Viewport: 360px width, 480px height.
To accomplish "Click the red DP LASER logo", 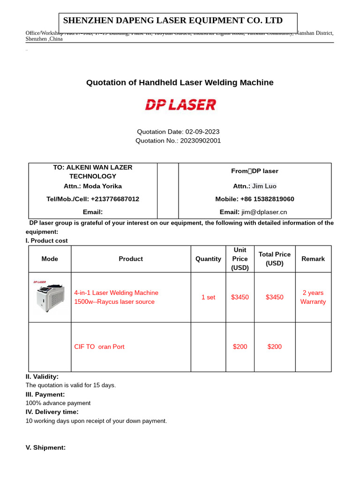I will point(180,105).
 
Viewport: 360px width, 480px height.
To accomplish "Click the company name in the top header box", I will point(173,21).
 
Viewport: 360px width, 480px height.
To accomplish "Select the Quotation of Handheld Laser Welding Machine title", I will point(180,82).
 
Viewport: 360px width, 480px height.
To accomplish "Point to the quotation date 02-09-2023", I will point(202,132).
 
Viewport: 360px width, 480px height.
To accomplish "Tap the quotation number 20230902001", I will point(200,141).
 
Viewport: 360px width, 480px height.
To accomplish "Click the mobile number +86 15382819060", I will point(267,199).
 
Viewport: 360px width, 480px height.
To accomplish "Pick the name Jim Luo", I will point(264,186).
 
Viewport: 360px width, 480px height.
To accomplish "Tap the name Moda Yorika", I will point(102,186).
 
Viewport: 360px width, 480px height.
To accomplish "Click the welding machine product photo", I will point(48,297).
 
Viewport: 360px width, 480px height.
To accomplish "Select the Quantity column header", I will point(208,259).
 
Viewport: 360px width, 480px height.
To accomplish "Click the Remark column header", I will point(313,259).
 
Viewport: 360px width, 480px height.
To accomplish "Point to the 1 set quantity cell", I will point(208,297).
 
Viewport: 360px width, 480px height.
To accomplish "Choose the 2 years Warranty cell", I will point(313,297).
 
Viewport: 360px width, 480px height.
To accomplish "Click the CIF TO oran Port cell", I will point(99,347).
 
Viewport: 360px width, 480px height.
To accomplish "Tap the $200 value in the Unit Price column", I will point(240,347).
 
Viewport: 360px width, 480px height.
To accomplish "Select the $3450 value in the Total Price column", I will point(275,297).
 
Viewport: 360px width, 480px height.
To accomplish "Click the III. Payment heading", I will point(45,394).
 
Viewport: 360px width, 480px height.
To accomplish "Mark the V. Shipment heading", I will point(45,448).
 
